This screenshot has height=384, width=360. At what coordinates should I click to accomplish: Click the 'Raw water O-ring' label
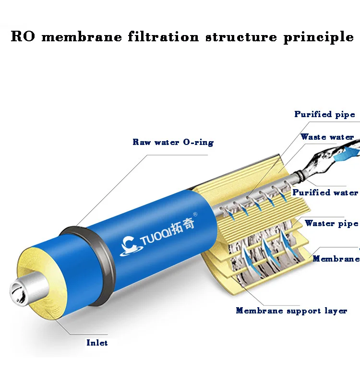pyautogui.click(x=173, y=142)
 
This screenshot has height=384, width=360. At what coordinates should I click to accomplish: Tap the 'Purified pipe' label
pyautogui.click(x=324, y=114)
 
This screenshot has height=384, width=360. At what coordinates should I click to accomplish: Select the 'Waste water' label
pyautogui.click(x=327, y=137)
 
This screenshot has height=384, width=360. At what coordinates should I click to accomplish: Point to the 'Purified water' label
pyautogui.click(x=325, y=192)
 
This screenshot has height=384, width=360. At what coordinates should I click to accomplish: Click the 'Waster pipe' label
pyautogui.click(x=331, y=223)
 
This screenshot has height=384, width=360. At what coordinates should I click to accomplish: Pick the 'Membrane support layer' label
pyautogui.click(x=291, y=311)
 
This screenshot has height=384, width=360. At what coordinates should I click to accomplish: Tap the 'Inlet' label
pyautogui.click(x=97, y=343)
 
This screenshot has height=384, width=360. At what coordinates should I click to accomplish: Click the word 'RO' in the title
pyautogui.click(x=23, y=37)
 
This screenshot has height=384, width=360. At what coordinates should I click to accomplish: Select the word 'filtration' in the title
pyautogui.click(x=163, y=37)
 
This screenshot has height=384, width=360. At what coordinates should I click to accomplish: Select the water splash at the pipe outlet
pyautogui.click(x=331, y=158)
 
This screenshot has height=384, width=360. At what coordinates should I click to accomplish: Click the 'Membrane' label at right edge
pyautogui.click(x=336, y=259)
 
